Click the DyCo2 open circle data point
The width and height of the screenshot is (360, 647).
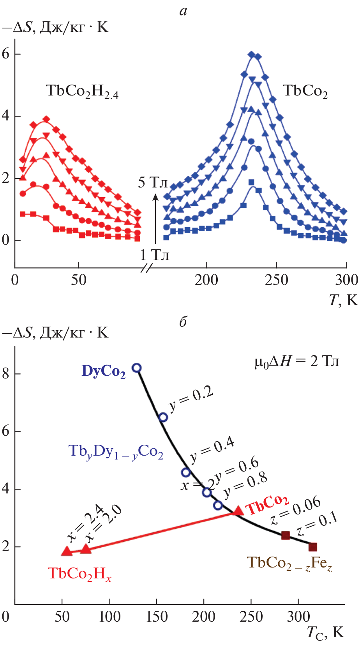tap(136, 368)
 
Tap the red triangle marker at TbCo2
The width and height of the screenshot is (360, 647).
tap(237, 511)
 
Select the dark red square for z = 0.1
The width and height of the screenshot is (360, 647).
tap(312, 547)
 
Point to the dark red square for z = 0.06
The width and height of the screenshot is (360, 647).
tap(286, 535)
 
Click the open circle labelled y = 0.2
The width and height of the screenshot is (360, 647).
tap(163, 417)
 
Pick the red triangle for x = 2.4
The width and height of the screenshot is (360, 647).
tap(67, 551)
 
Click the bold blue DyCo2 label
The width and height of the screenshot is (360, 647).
tap(104, 371)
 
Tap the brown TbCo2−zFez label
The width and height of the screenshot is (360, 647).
tap(289, 563)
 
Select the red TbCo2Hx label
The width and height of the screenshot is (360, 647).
tap(79, 574)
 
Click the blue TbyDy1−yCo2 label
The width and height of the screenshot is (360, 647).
tap(116, 451)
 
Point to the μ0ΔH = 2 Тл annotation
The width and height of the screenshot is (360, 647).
tap(296, 361)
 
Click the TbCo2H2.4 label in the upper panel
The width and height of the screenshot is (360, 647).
tap(82, 91)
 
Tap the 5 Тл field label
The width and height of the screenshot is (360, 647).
tap(153, 182)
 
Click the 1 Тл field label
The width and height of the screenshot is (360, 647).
tap(155, 255)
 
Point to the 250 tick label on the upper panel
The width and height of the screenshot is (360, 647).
tap(276, 280)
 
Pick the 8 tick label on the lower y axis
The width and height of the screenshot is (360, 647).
tap(5, 373)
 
